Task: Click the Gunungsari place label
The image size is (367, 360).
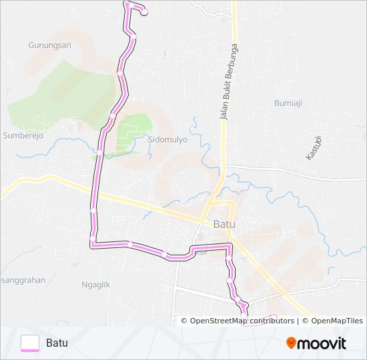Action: [x=49, y=45]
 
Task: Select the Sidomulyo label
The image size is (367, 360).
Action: [x=167, y=140]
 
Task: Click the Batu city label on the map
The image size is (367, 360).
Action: [x=224, y=225]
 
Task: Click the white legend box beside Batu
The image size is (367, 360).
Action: [x=30, y=343]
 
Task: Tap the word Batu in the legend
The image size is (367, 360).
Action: [x=57, y=343]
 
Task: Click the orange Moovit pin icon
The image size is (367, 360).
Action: [x=290, y=343]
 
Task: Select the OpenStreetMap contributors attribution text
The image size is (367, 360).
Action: [x=242, y=321]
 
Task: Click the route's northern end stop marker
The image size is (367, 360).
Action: [x=144, y=12]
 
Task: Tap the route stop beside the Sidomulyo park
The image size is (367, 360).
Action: [x=112, y=117]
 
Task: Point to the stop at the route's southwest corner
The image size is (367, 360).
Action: [x=93, y=239]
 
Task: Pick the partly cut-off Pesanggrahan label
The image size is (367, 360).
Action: [x=23, y=280]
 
